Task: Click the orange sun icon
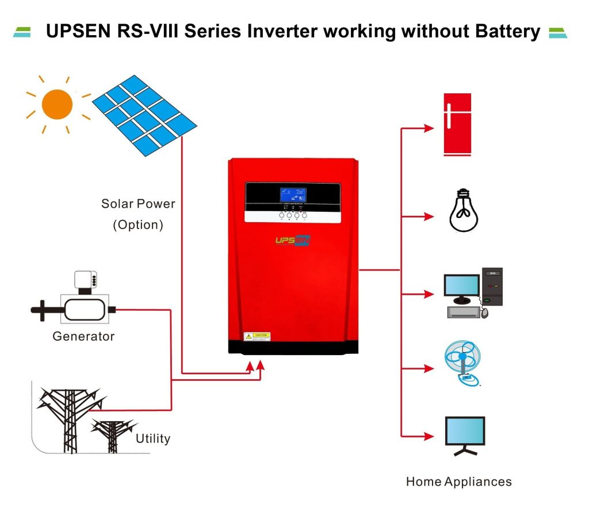(x=57, y=105)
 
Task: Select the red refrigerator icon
(x=457, y=124)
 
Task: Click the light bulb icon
(x=464, y=209)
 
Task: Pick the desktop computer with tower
(x=473, y=293)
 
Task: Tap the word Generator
(x=83, y=336)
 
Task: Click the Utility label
(x=153, y=439)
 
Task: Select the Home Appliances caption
(x=458, y=482)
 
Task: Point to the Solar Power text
(x=138, y=204)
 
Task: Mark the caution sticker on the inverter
(x=257, y=336)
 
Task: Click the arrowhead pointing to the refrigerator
(x=429, y=128)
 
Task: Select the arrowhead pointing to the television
(x=429, y=435)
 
